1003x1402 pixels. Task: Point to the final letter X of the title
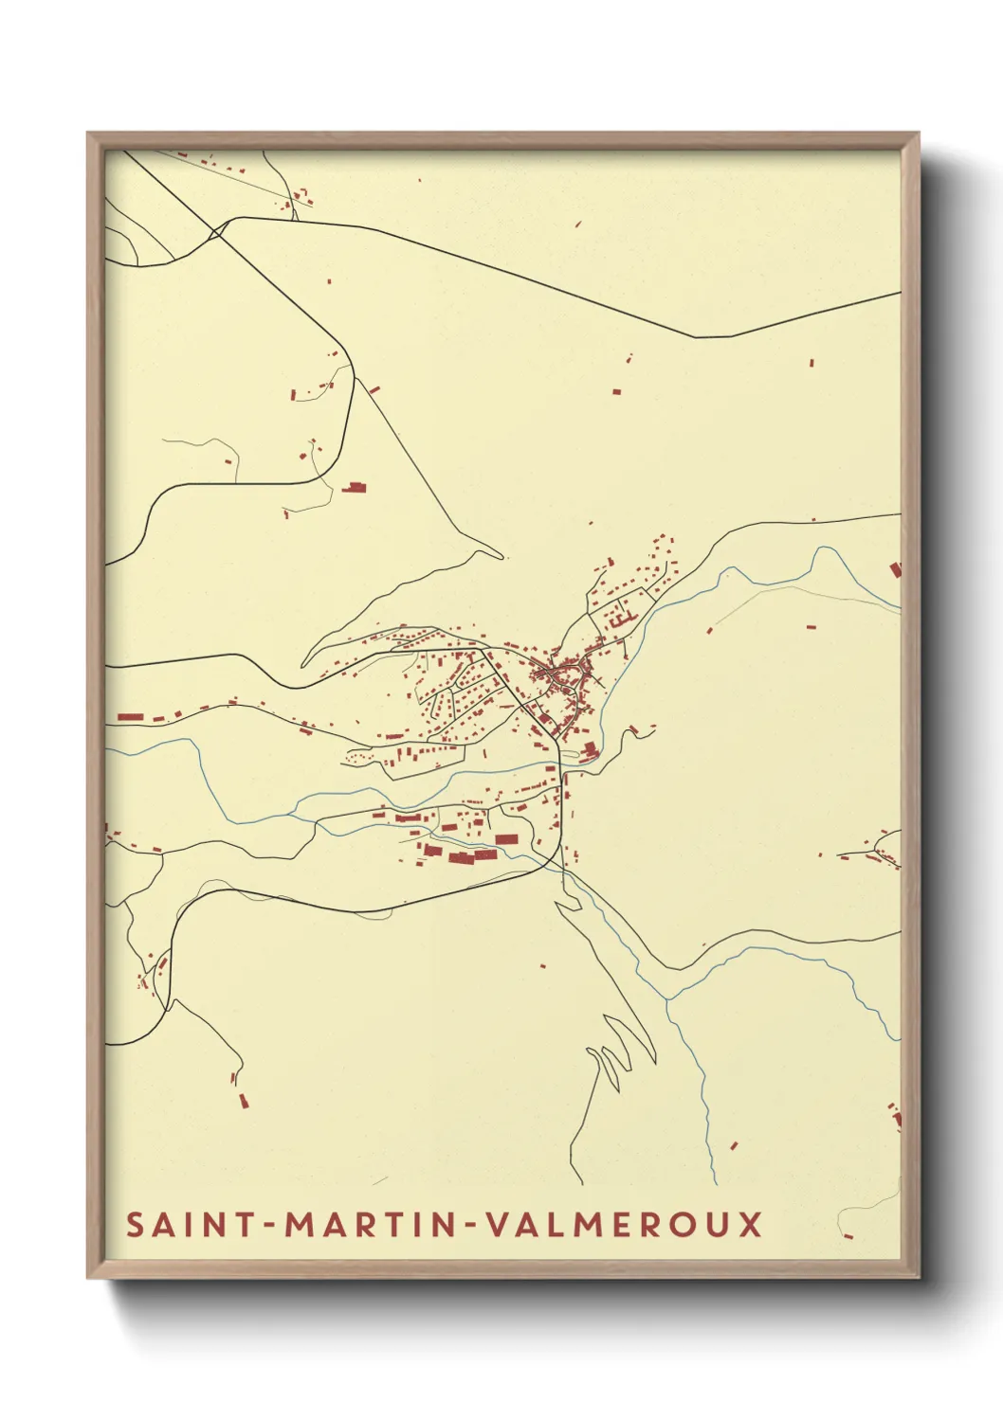click(x=750, y=1224)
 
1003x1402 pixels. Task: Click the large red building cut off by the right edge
click(x=895, y=569)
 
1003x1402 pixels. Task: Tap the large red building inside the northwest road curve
click(x=355, y=487)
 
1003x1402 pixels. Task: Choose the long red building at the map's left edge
click(x=129, y=717)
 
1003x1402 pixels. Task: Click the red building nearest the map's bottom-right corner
click(x=848, y=1235)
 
